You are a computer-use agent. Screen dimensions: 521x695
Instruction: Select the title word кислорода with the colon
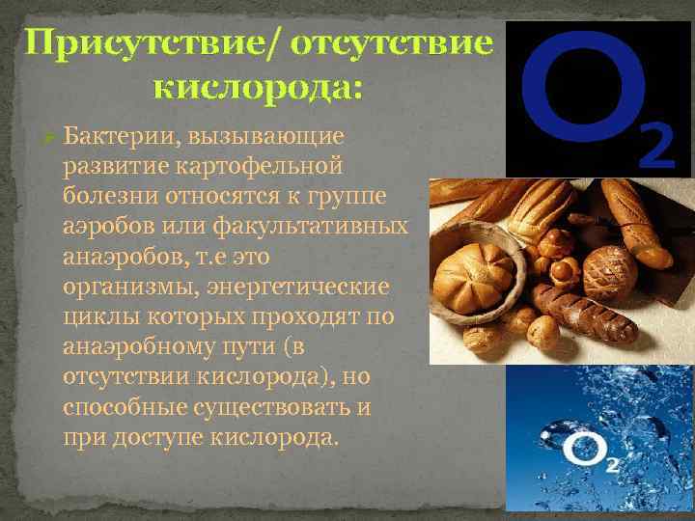259,88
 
